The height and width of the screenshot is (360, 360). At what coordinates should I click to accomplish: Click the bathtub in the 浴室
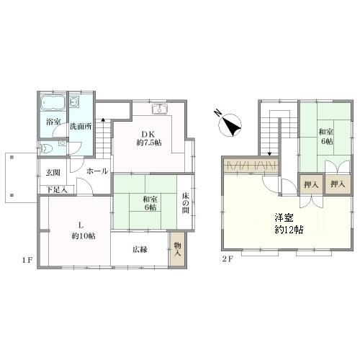click(53, 102)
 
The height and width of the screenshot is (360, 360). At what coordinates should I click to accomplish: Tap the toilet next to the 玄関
click(45, 149)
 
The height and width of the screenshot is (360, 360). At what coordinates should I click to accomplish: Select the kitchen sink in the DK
click(160, 109)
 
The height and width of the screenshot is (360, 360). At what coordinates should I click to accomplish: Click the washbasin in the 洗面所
click(73, 102)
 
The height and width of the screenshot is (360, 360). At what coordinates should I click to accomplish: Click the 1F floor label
click(27, 260)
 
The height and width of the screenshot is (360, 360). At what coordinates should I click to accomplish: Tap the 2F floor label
click(228, 259)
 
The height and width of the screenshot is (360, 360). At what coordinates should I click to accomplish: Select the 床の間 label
click(186, 203)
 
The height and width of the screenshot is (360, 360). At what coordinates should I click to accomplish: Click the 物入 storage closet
click(177, 249)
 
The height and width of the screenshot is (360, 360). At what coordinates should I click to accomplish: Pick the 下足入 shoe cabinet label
click(57, 190)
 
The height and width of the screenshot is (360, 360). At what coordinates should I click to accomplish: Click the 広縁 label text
click(140, 250)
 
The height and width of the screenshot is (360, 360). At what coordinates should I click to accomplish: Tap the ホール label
click(97, 171)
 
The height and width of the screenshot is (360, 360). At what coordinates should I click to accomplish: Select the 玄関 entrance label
click(53, 173)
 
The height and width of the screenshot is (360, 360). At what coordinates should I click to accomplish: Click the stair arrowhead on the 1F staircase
click(103, 119)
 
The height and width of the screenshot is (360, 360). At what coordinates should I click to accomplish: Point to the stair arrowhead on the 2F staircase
click(270, 154)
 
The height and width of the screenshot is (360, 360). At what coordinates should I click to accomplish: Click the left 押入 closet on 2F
click(311, 184)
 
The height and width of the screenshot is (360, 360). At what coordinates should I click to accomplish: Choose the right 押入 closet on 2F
click(338, 184)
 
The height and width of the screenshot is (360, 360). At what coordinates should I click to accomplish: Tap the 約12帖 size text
click(289, 230)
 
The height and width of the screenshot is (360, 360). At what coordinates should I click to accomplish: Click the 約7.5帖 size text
click(149, 143)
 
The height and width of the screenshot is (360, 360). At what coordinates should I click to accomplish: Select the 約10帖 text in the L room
click(84, 236)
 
